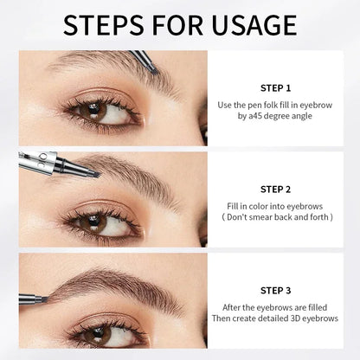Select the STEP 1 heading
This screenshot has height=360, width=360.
pos(275,87)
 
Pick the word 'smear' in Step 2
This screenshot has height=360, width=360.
pos(278,218)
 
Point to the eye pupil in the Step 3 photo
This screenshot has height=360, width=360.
pos(98,331)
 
